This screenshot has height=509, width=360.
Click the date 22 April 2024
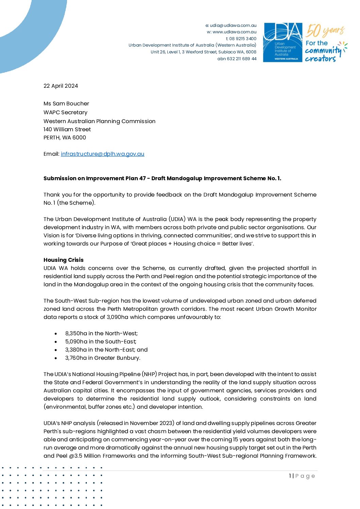61,86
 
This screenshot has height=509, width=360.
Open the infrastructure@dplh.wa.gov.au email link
102,154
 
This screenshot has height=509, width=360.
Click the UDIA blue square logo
283,43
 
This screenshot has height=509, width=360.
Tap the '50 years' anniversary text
325,31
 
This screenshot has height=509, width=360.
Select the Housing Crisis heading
63,260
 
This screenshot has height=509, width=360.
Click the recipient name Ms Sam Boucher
66,103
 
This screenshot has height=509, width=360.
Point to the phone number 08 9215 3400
243,38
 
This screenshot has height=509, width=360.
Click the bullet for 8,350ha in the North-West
56,334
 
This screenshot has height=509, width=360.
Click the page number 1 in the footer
290,476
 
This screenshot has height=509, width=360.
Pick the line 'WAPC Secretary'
65,112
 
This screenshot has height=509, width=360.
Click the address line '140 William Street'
67,129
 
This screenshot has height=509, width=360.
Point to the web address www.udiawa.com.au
234,32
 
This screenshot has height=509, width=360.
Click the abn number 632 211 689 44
242,58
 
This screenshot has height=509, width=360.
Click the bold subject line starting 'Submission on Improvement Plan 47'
162,178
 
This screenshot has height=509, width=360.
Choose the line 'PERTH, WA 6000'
65,137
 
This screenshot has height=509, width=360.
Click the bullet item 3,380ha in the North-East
106,350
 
